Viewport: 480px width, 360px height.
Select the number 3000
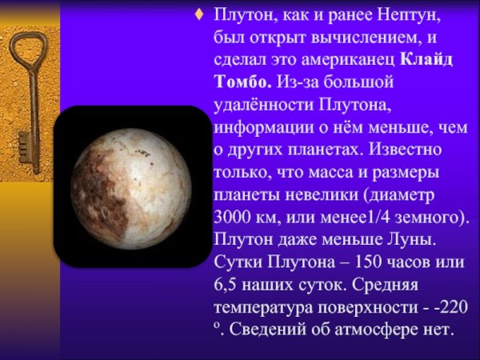pos(233,217)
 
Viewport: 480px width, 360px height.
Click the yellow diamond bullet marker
pos(199,15)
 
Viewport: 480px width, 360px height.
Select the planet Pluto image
pos(131,186)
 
